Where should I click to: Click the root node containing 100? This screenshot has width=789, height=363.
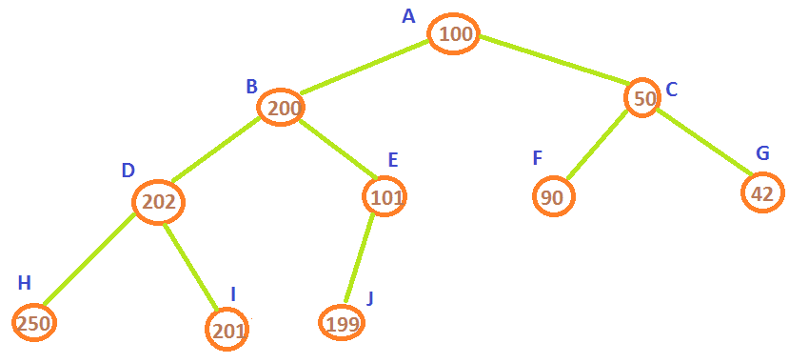(x=453, y=33)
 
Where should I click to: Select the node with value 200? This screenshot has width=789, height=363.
(x=281, y=108)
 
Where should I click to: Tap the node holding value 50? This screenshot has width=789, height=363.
(x=642, y=98)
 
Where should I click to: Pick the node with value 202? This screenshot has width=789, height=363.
(x=159, y=201)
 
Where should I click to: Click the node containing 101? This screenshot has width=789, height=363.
(x=385, y=196)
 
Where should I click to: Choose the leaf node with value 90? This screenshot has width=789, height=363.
(x=554, y=197)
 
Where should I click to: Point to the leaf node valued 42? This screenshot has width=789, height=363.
(x=763, y=192)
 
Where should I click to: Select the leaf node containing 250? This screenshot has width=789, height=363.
(x=34, y=323)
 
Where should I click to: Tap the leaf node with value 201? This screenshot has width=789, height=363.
(x=227, y=330)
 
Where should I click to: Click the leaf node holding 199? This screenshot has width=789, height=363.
(x=343, y=323)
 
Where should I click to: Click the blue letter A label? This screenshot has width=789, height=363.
(x=408, y=16)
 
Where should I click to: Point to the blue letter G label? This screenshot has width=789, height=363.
(x=763, y=153)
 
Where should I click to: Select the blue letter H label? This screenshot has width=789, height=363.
(x=24, y=283)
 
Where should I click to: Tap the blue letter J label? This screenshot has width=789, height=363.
(x=370, y=298)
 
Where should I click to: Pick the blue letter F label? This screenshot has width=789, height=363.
(x=538, y=158)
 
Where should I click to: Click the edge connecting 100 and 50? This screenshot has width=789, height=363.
(x=553, y=59)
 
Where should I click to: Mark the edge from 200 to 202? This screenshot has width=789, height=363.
(x=215, y=150)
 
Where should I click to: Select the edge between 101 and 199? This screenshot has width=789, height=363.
(x=359, y=258)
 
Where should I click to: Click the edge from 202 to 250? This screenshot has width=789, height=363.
(x=89, y=259)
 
